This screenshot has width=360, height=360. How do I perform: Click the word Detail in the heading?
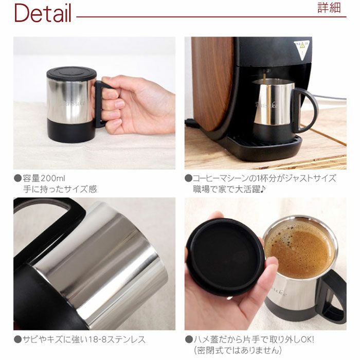click(43, 14)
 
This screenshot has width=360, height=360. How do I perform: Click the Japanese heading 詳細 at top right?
click(329, 9)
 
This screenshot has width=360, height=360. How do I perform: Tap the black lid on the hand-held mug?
click(71, 73)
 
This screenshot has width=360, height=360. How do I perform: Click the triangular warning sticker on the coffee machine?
click(302, 50)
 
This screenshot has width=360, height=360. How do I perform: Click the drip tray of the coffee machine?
click(262, 146)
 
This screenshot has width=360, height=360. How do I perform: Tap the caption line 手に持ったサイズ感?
click(60, 189)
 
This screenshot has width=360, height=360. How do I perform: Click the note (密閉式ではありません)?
click(238, 350)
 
